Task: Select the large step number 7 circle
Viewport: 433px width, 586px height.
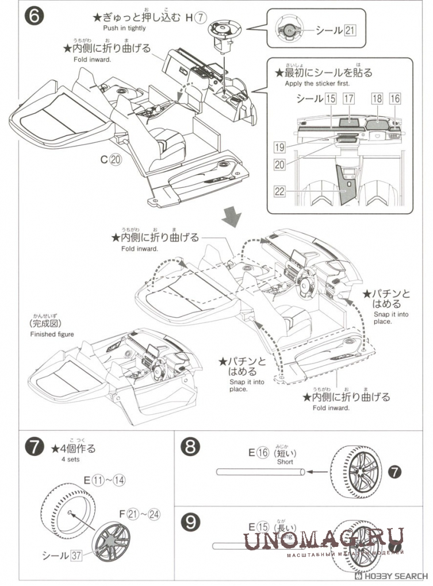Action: tap(34, 447)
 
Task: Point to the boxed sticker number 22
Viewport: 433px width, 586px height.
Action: tap(280, 191)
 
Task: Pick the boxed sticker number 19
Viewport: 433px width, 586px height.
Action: tap(280, 148)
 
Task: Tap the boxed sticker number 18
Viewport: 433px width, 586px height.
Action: tap(377, 99)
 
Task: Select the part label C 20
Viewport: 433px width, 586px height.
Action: tap(111, 160)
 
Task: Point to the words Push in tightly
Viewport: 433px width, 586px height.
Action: tap(124, 28)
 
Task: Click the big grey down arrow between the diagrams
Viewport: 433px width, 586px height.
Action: tap(232, 217)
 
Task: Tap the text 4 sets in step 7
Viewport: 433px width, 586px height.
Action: tap(71, 460)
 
